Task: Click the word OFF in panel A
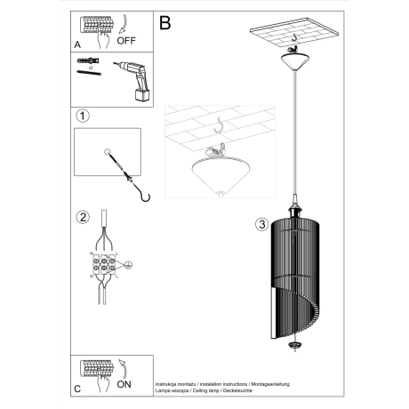[x=127, y=40]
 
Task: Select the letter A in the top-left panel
[x=77, y=42]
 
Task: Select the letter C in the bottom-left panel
[x=77, y=389]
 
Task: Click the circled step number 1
[x=82, y=116]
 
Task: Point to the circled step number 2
[x=82, y=218]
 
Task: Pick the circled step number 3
[x=261, y=223]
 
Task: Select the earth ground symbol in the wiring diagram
[x=128, y=264]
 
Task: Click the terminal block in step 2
[x=105, y=265]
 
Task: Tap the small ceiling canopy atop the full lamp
[x=293, y=60]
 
